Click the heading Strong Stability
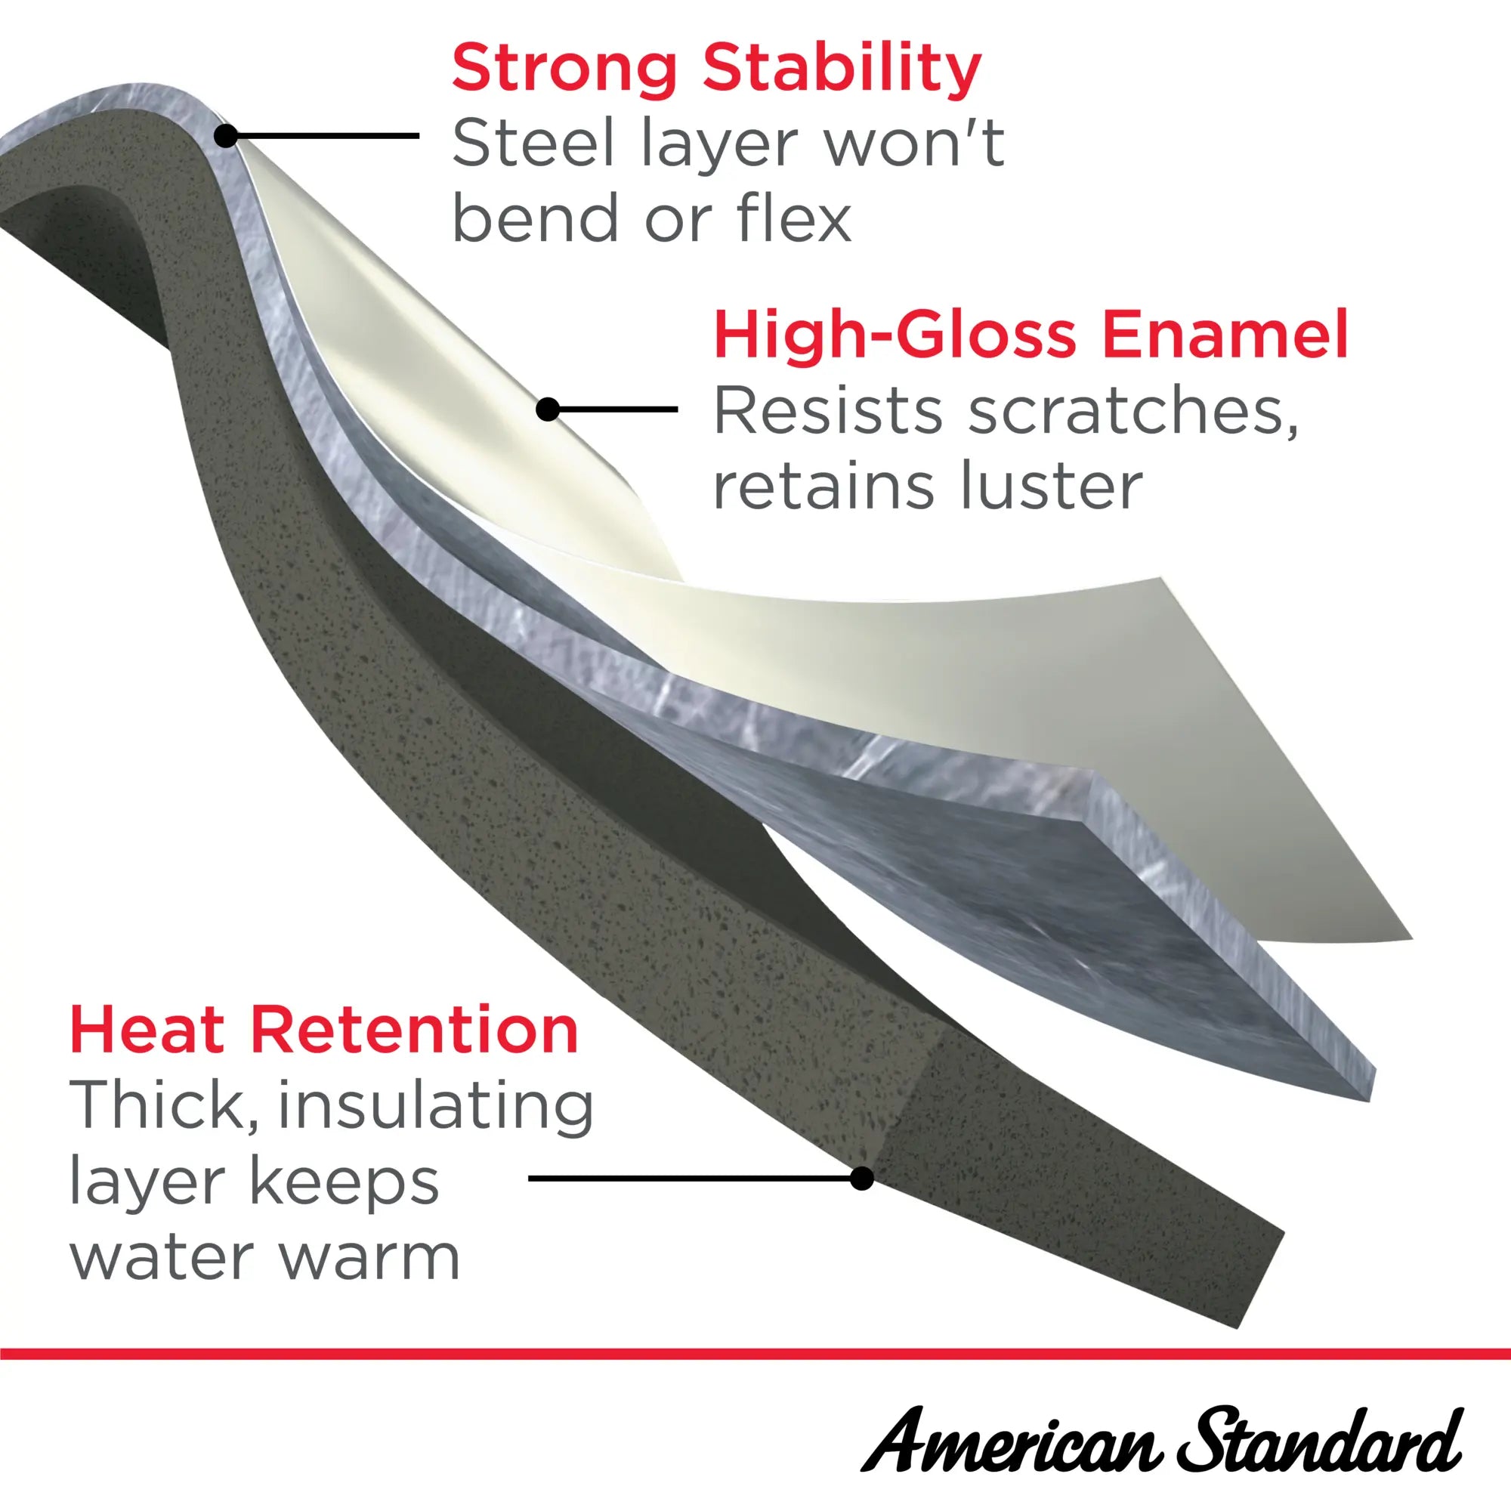[715, 70]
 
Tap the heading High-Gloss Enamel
[1031, 334]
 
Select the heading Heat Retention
[324, 1031]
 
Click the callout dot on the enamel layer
[548, 409]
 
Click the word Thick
[163, 1106]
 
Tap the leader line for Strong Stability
[323, 136]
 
